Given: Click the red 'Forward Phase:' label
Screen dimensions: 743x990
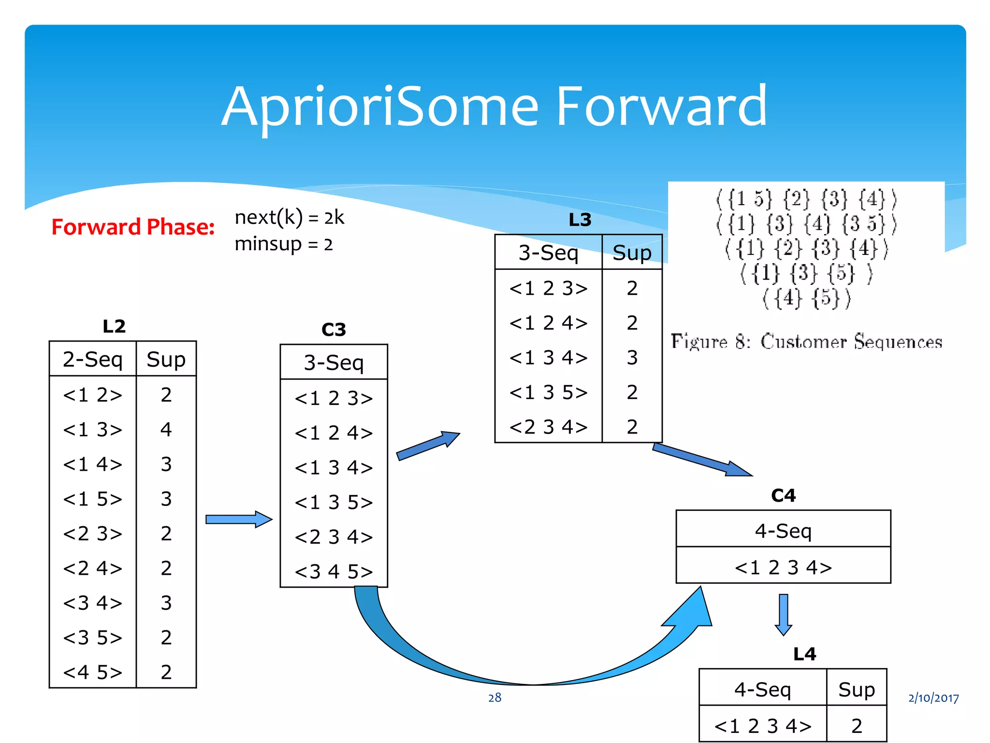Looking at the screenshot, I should pos(133,227).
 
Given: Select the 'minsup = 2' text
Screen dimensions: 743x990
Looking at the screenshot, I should pos(284,244).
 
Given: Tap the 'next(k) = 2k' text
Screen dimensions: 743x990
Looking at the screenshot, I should pos(289,218).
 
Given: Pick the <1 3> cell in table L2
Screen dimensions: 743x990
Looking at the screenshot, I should pos(92,430).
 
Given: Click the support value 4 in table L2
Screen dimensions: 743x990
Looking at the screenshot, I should pos(166,430).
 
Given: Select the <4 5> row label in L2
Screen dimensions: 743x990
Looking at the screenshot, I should pos(92,672).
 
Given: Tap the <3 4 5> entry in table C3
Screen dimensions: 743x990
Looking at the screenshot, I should pos(334,572).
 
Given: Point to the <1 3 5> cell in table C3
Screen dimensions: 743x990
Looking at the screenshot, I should pos(334,503).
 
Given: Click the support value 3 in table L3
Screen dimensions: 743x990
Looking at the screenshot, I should pos(632,357).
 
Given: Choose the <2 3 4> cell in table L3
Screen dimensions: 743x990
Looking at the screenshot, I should pos(548,427).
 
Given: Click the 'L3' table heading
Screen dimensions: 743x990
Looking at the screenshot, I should pos(580,220).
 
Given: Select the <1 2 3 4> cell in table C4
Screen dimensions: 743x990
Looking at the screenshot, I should pos(783,567).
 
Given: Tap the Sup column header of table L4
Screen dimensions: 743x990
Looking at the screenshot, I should pos(856,689).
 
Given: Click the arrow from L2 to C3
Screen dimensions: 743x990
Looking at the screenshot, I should pos(239,520).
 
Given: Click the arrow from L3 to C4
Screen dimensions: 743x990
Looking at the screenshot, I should pos(702,460).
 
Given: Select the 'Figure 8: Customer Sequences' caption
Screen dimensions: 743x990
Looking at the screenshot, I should pos(806,342).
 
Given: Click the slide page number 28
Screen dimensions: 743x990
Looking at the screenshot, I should pos(495,698).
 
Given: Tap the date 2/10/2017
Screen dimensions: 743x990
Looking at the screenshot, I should pos(933,698).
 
